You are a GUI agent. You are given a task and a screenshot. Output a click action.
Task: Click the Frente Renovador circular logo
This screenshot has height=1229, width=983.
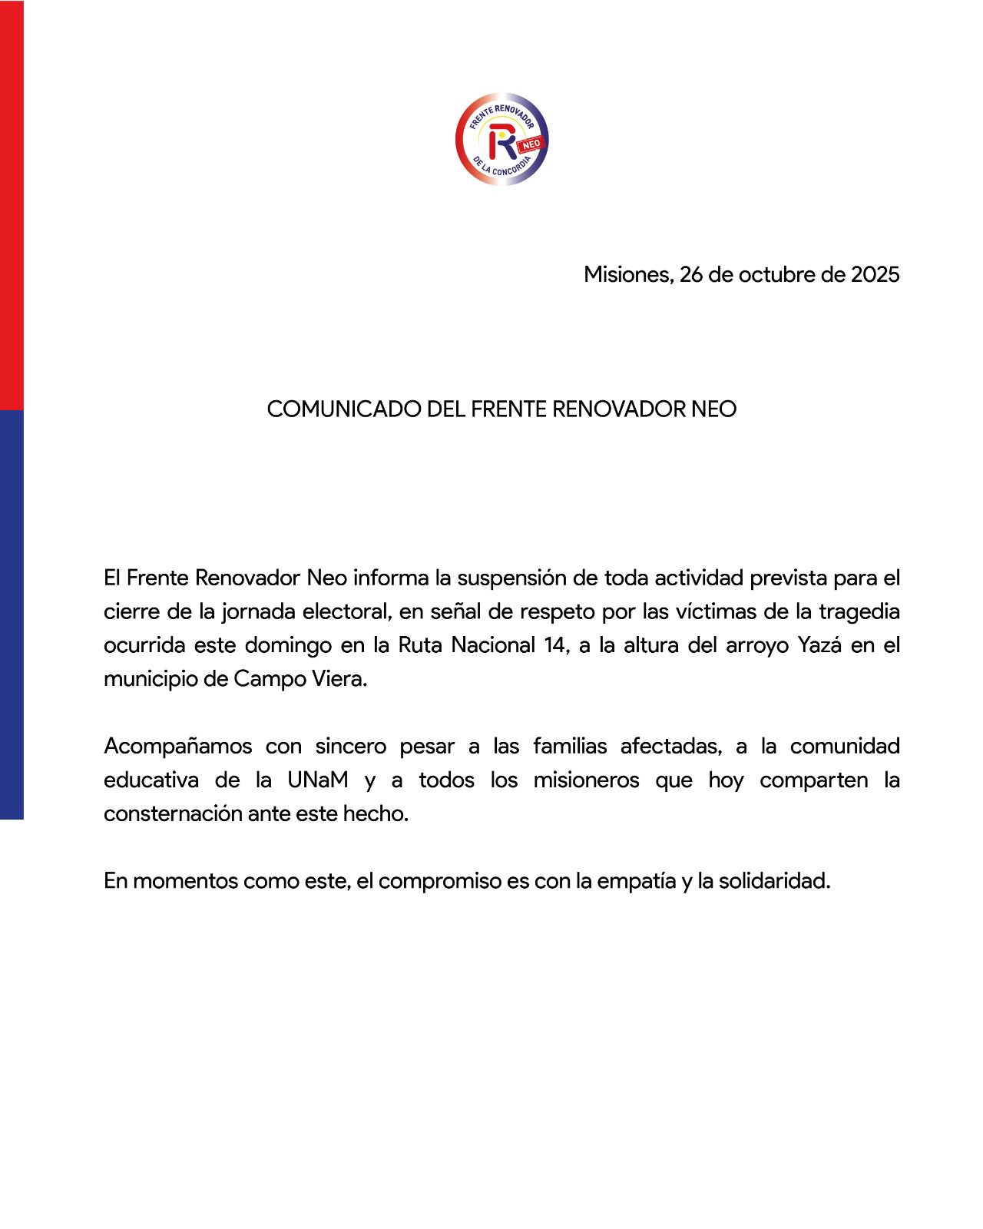[501, 139]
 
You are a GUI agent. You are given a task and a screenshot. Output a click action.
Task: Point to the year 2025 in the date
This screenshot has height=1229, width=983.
[875, 274]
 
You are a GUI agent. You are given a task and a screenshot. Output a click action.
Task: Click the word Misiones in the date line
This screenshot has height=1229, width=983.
[627, 274]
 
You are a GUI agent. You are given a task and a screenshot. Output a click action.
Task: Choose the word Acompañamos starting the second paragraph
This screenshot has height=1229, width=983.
[178, 746]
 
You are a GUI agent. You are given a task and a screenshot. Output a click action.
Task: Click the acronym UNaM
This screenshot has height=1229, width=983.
[318, 780]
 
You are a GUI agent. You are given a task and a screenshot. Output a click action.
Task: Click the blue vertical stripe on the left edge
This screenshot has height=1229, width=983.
[12, 614]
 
